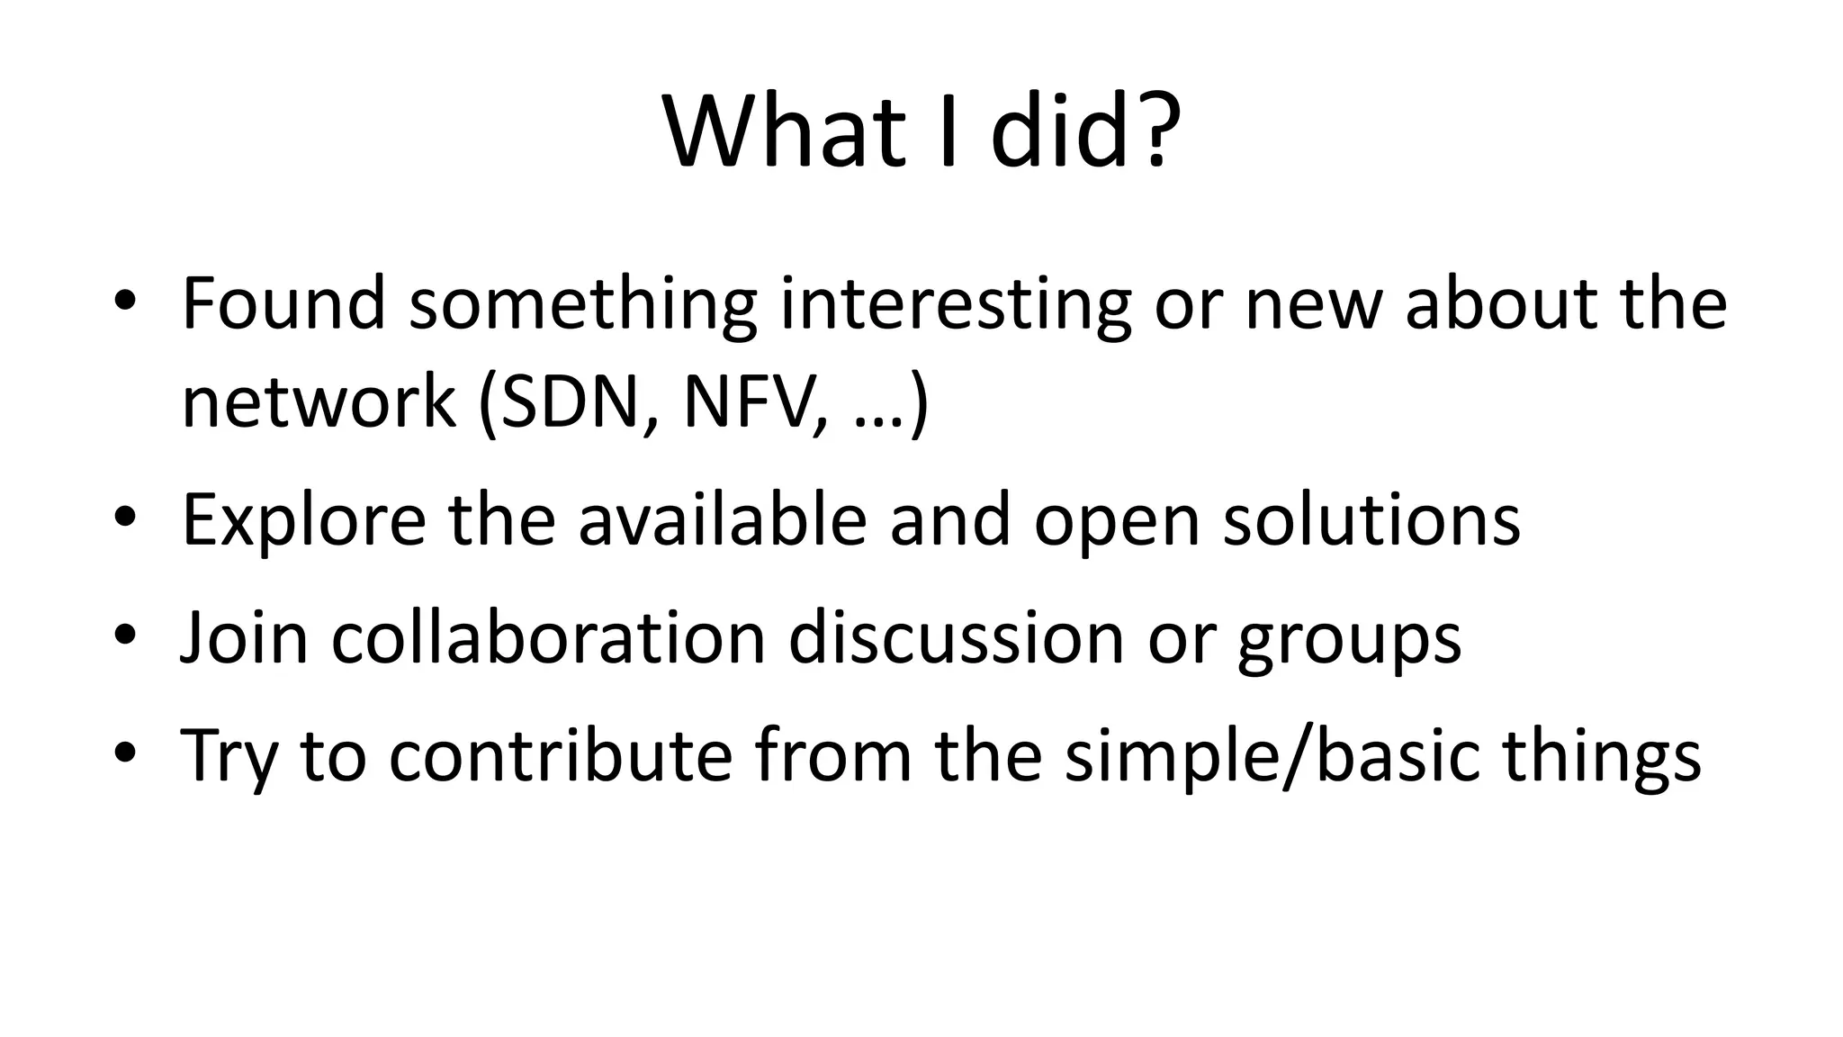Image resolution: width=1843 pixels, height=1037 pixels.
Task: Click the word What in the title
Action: click(x=783, y=132)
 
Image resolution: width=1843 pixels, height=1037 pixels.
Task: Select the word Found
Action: click(x=283, y=303)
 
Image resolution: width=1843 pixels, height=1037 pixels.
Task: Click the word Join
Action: click(x=244, y=638)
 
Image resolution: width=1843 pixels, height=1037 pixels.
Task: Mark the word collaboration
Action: click(x=548, y=638)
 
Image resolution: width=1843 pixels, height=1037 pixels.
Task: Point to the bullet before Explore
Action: click(x=125, y=516)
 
